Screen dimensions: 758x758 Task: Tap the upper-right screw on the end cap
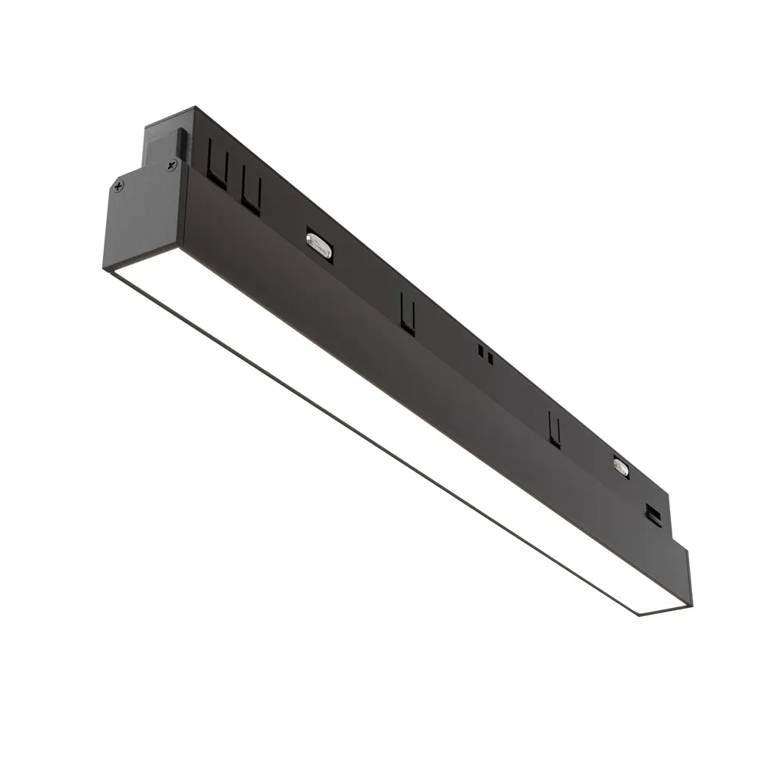(x=171, y=161)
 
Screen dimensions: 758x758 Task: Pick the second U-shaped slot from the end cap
(x=252, y=193)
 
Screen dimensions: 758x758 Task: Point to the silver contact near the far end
(x=621, y=467)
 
